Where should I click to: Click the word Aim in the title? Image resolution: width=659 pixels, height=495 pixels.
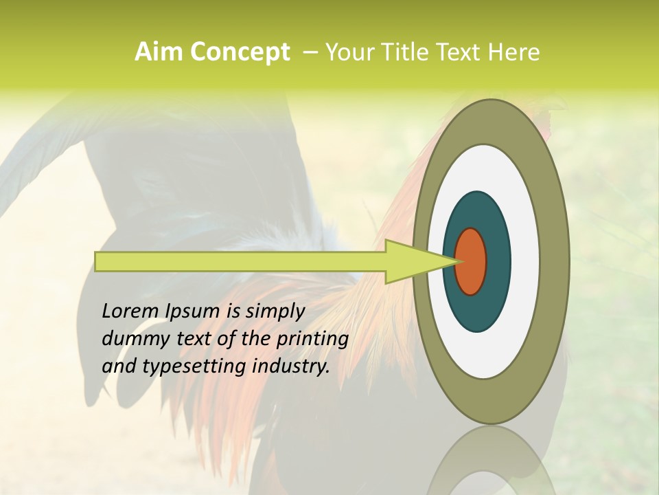pos(159,52)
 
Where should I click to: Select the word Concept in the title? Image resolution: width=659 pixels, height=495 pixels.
pos(240,52)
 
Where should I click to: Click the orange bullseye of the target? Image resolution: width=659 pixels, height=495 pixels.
pos(471,261)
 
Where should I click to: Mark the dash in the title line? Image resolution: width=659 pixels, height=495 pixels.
pos(310,52)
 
